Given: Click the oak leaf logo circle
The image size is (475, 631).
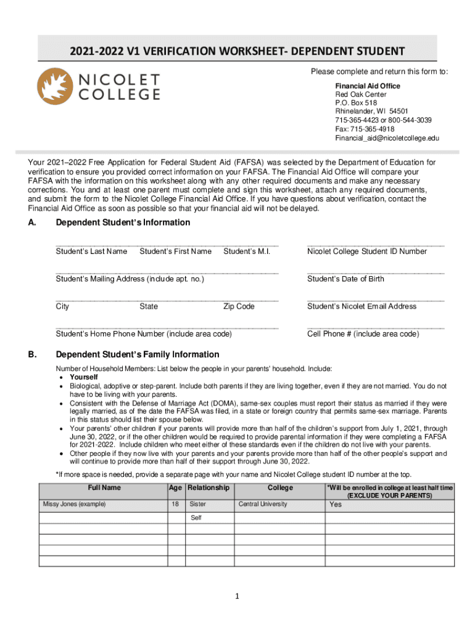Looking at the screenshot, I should (x=56, y=86).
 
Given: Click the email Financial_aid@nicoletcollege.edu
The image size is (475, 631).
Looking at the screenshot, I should (x=387, y=139).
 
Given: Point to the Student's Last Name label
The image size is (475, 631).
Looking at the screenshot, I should (x=91, y=251).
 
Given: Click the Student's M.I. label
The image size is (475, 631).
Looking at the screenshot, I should (x=247, y=251).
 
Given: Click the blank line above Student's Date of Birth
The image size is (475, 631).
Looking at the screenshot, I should (x=375, y=272).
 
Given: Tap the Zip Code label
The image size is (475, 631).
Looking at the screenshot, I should (x=239, y=306).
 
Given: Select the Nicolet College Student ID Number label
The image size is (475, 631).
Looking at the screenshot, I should (x=367, y=251).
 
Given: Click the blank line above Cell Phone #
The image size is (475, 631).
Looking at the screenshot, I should (x=375, y=327).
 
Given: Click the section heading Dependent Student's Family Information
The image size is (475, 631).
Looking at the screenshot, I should (x=137, y=354).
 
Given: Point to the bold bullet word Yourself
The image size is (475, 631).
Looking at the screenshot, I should (x=84, y=377).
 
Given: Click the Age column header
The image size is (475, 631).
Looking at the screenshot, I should (x=176, y=488).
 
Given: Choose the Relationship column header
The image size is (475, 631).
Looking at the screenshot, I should (x=209, y=488).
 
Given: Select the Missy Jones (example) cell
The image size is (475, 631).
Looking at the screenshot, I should (x=74, y=504).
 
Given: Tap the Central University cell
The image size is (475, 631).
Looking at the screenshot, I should (x=263, y=504).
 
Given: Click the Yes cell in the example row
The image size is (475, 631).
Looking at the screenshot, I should (x=336, y=505).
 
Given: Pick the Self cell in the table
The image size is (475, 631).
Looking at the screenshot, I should (x=196, y=518).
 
